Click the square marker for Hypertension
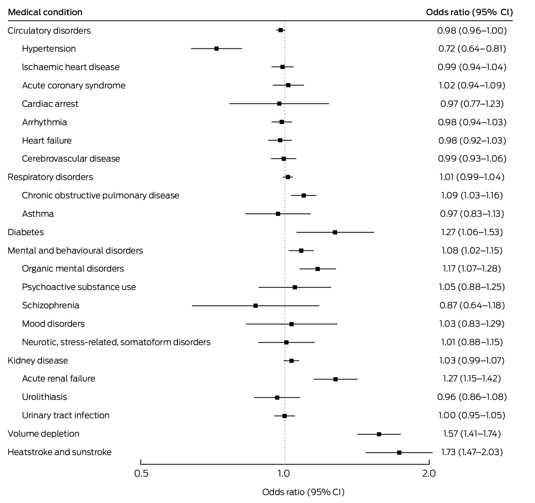(x=216, y=48)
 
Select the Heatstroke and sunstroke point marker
(x=399, y=452)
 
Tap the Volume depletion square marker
(x=379, y=434)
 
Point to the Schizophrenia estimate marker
(x=256, y=305)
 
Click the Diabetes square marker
(x=335, y=232)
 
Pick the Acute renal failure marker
(x=335, y=379)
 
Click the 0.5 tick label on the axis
(x=141, y=474)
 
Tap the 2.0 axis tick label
(x=429, y=474)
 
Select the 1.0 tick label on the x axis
(x=284, y=474)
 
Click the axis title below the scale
(x=303, y=492)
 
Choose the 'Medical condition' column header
(x=45, y=12)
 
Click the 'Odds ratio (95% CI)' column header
(x=469, y=12)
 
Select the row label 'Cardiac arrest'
(x=50, y=104)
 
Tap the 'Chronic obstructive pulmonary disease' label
(x=100, y=195)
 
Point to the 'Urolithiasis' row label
(x=44, y=397)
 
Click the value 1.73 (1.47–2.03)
(x=472, y=452)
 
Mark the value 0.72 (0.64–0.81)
(x=472, y=48)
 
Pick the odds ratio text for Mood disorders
(x=472, y=323)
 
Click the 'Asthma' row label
(x=38, y=214)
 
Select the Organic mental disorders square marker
(x=317, y=269)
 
